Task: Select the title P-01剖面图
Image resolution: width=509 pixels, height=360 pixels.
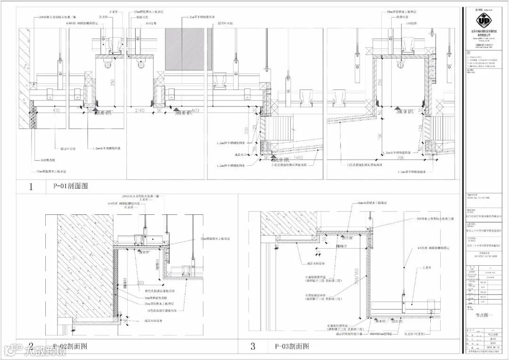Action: tap(67, 186)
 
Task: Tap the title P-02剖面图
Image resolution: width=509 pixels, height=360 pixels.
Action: tap(70, 346)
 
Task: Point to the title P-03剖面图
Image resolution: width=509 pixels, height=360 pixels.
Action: tap(292, 346)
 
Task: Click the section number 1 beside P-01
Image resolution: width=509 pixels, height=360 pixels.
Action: tap(31, 187)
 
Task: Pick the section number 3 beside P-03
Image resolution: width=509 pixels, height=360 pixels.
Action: tap(253, 347)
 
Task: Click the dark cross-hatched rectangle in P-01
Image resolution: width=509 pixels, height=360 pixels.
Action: tap(184, 49)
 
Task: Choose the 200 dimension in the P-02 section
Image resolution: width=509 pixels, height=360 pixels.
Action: tap(140, 283)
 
